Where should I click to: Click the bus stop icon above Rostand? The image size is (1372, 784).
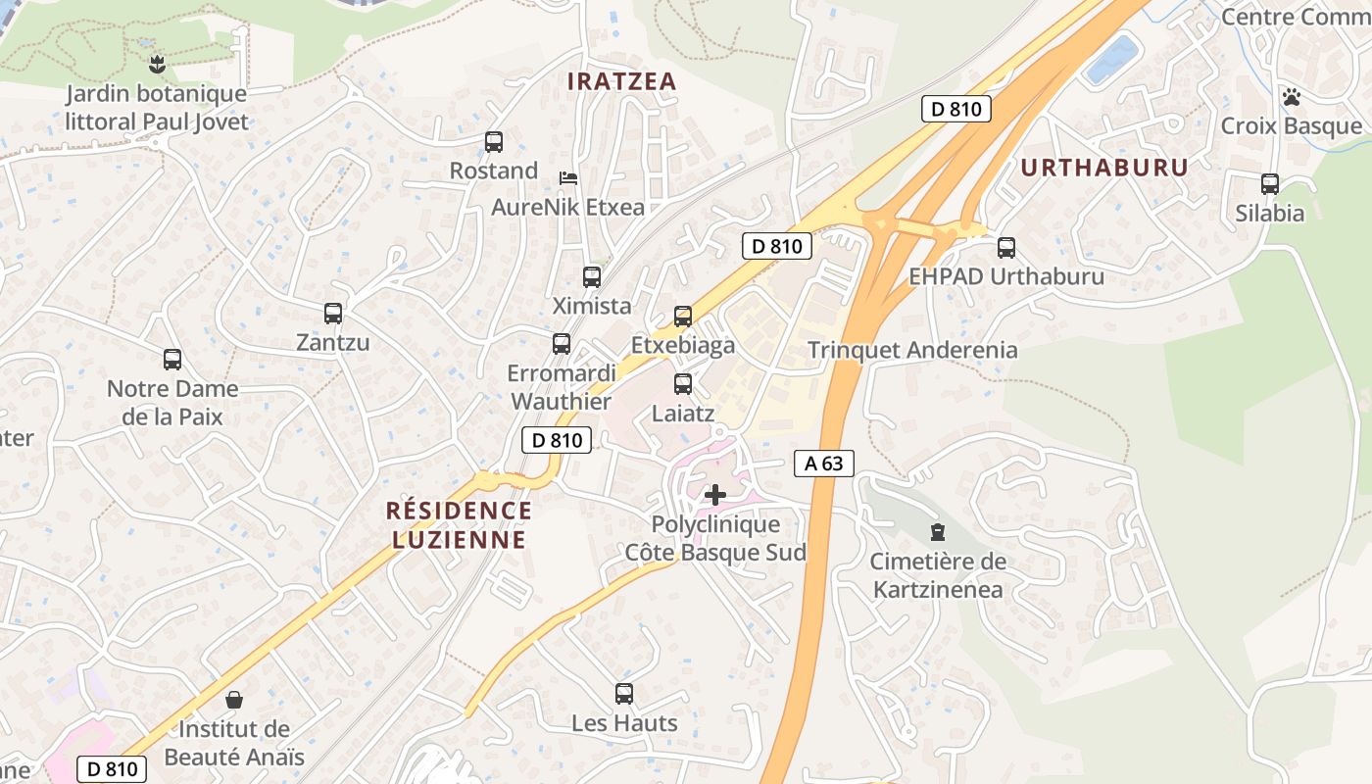tap(494, 142)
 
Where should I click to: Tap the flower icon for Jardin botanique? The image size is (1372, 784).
tap(156, 66)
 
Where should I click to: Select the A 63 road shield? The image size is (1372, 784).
tap(823, 464)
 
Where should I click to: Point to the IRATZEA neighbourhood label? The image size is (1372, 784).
tap(622, 81)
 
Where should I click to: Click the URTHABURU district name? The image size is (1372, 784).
tap(1103, 168)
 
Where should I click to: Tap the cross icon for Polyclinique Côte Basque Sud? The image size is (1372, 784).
tap(715, 495)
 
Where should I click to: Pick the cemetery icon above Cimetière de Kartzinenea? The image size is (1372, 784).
tap(938, 532)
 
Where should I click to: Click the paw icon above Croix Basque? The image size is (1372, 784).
tap(1292, 97)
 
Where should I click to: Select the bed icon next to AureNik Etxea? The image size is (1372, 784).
tap(567, 178)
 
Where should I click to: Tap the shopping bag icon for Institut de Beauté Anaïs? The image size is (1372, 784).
tap(234, 700)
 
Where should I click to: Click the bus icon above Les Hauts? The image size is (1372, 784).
tap(624, 694)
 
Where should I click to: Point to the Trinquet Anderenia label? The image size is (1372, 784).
tap(912, 350)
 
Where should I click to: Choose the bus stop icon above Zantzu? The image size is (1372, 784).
tap(333, 314)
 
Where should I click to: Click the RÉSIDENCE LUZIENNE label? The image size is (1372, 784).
tap(460, 524)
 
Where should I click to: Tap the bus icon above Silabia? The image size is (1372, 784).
tap(1270, 183)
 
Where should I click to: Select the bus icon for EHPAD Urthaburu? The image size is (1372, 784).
tap(1006, 248)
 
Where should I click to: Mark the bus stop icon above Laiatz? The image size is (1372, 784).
tap(683, 384)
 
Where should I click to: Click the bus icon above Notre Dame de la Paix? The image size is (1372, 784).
tap(172, 360)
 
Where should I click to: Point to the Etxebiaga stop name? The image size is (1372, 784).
tap(683, 345)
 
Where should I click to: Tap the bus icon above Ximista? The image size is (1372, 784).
tap(592, 277)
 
